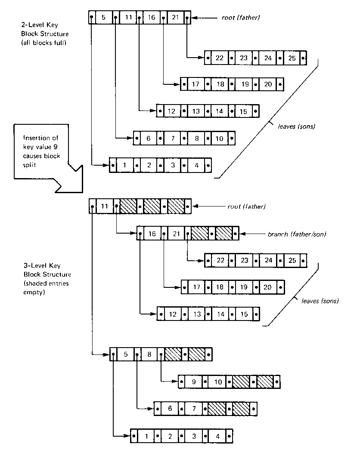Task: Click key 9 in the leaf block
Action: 194,382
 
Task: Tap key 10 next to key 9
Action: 218,382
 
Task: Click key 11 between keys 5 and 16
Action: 128,18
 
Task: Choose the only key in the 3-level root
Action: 104,206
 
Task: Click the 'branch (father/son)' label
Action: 297,234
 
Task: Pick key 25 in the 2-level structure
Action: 292,58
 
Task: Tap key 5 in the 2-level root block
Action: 103,18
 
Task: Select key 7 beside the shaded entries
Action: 194,408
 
